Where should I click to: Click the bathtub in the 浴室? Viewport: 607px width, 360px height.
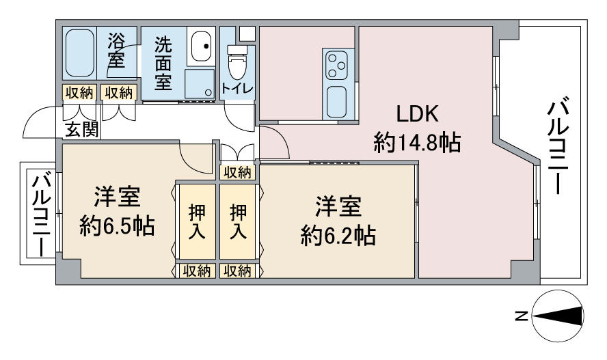[x=79, y=53]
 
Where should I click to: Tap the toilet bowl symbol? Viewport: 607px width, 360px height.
[x=237, y=63]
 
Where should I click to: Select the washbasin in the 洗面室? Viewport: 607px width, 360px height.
[x=201, y=46]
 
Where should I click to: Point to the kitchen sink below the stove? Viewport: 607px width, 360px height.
[x=336, y=102]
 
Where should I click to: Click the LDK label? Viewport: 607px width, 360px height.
[x=417, y=114]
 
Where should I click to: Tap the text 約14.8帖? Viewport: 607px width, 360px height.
[x=417, y=142]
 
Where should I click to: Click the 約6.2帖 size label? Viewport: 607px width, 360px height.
[x=338, y=235]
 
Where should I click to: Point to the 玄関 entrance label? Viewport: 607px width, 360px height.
[x=81, y=129]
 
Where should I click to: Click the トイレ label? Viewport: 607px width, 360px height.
[x=237, y=88]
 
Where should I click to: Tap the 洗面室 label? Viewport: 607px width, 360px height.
[x=163, y=63]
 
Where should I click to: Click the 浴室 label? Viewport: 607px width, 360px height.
[x=116, y=51]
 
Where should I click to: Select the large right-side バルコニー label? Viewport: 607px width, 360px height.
[x=558, y=147]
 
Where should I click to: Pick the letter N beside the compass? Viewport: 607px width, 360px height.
[x=522, y=316]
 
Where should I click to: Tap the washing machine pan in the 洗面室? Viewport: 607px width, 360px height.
[x=200, y=83]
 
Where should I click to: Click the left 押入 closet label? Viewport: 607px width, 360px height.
[x=197, y=221]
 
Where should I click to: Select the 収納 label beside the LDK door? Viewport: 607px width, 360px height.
[x=237, y=172]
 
